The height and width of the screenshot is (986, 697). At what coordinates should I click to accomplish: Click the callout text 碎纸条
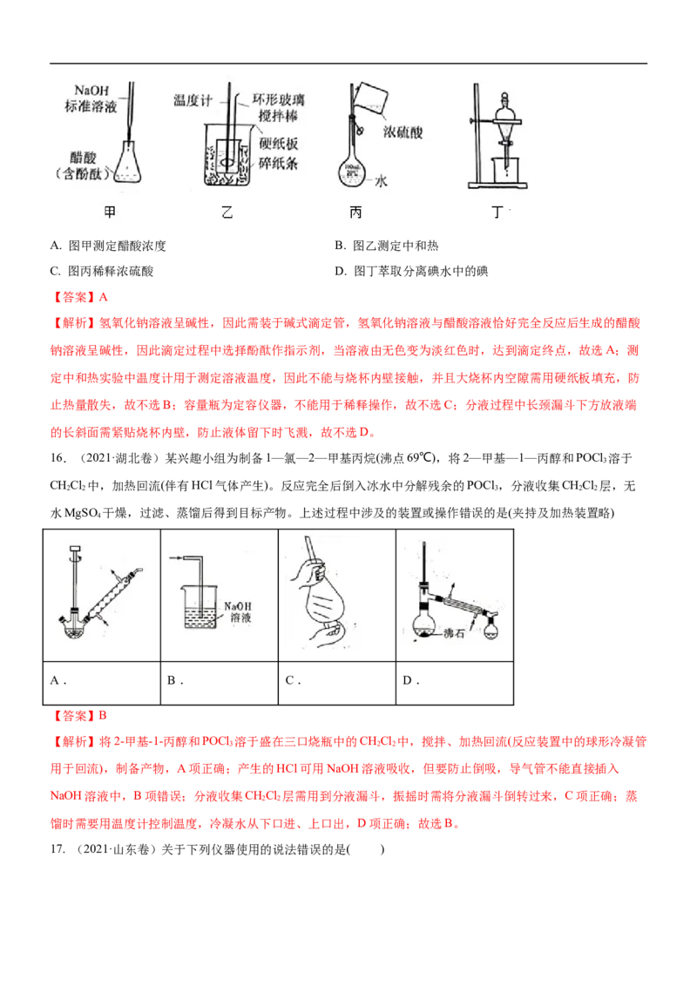point(277,162)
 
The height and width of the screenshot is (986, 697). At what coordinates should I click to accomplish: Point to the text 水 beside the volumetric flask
point(381,180)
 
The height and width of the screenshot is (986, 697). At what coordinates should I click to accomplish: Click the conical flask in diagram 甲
point(128,165)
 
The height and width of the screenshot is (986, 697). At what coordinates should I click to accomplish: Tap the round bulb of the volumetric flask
point(353,168)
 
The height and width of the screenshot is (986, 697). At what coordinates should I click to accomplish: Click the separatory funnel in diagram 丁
point(504,122)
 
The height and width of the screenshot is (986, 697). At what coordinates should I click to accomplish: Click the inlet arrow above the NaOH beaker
point(179,555)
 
